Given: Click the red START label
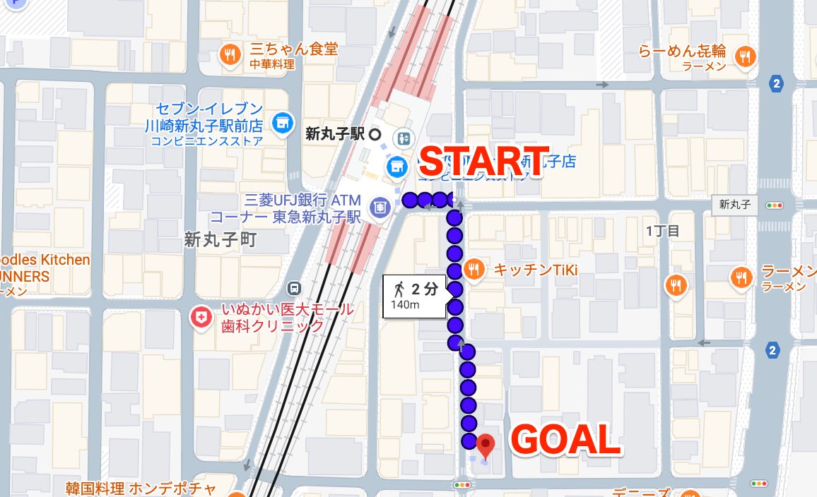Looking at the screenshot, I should click(x=484, y=161).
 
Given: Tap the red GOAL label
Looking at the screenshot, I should click(x=565, y=441).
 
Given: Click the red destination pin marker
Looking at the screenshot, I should click(x=486, y=445).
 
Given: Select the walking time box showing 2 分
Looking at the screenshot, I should click(x=415, y=296).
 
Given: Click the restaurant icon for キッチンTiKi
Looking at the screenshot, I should click(x=474, y=269).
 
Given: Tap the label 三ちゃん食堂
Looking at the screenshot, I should click(x=294, y=49).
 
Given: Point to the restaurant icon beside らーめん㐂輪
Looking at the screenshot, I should click(x=743, y=56).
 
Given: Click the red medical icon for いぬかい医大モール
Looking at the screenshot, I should click(x=202, y=318).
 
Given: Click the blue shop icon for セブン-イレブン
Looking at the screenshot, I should click(x=283, y=122).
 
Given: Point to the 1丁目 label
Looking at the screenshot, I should click(x=662, y=231).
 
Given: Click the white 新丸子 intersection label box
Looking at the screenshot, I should click(x=735, y=205).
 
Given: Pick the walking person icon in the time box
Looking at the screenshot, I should click(x=400, y=288).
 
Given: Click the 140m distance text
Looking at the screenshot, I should click(x=406, y=306).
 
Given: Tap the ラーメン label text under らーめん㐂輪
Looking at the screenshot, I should click(x=704, y=66).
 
